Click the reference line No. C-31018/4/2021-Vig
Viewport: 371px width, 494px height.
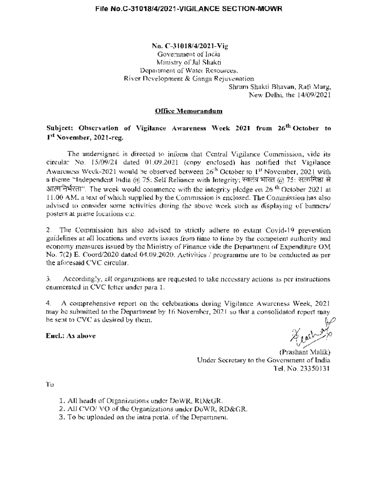[x=183, y=46]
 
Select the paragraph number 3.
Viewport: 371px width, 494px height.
[x=48, y=279]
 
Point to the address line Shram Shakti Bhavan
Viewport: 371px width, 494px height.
[x=280, y=87]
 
